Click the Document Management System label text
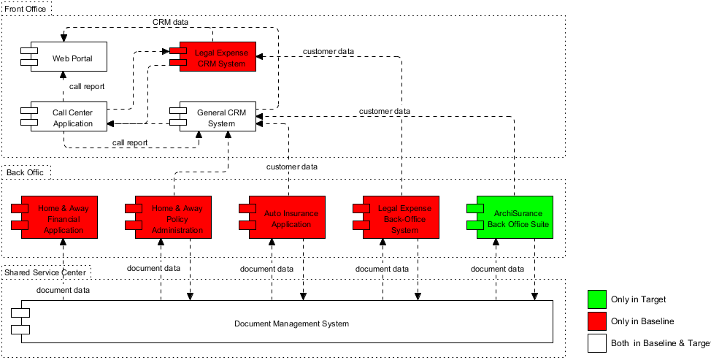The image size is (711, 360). pyautogui.click(x=291, y=323)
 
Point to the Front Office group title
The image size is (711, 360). pyautogui.click(x=26, y=9)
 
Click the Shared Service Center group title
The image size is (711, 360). pyautogui.click(x=45, y=272)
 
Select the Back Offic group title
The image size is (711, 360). pyautogui.click(x=25, y=172)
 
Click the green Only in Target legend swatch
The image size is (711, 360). pyautogui.click(x=597, y=299)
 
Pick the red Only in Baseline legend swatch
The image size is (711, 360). pyautogui.click(x=597, y=321)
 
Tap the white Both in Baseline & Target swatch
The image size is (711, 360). pyautogui.click(x=597, y=343)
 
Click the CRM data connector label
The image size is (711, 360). pyautogui.click(x=170, y=22)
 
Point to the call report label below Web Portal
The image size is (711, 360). pyautogui.click(x=87, y=86)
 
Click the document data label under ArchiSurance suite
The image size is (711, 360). pyautogui.click(x=496, y=269)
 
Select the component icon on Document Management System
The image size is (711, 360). pyautogui.click(x=19, y=323)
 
